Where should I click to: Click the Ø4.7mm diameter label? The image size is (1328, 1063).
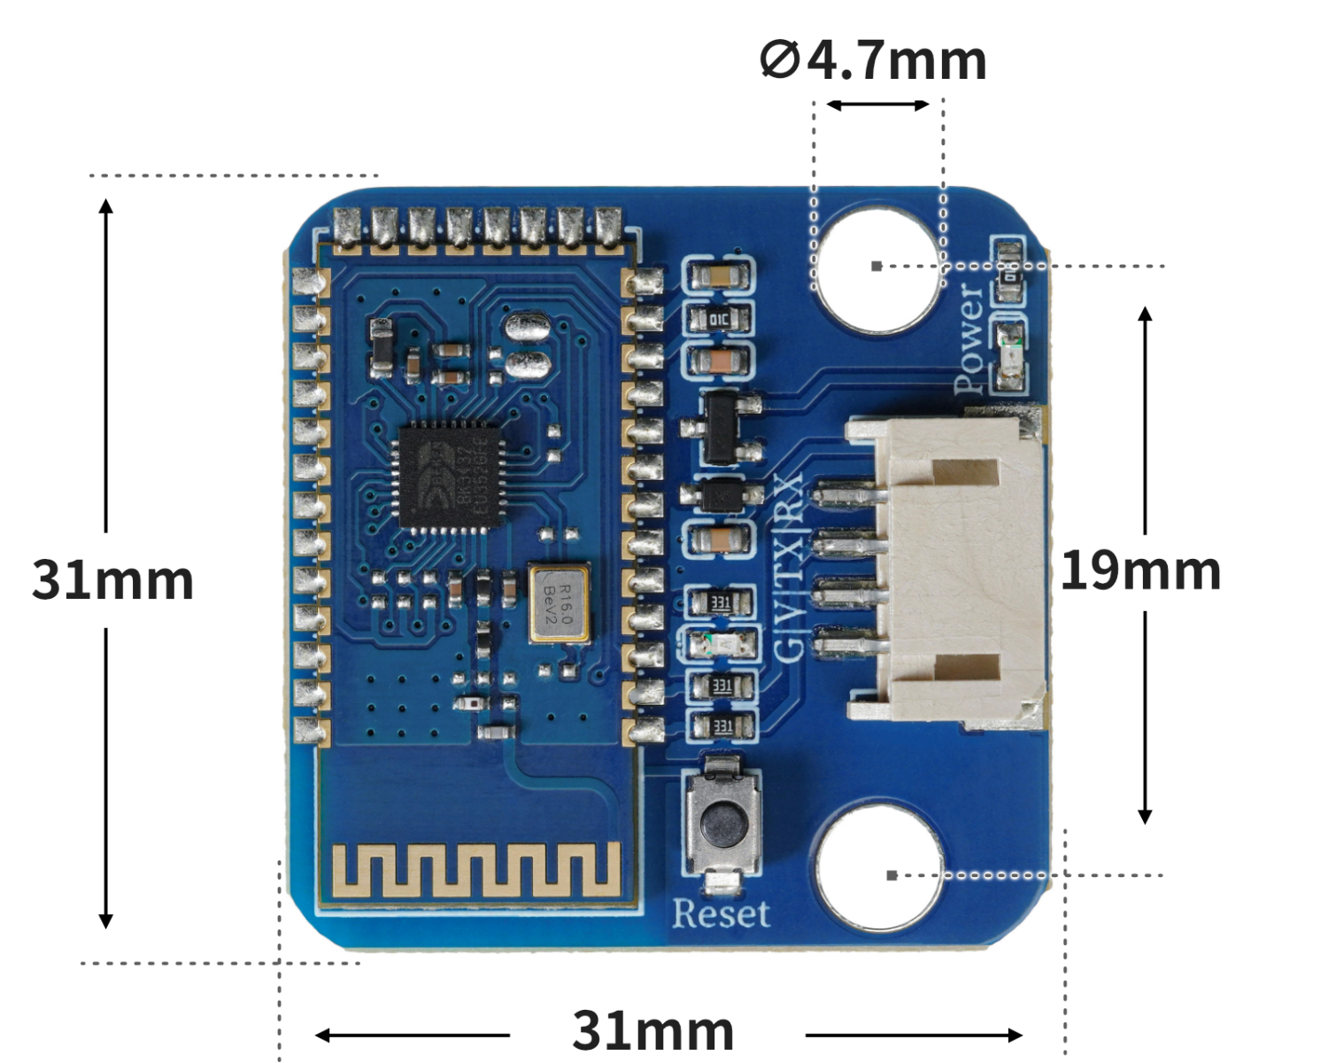point(873,60)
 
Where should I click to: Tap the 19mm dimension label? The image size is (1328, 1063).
point(1140,570)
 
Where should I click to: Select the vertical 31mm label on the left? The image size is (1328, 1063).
point(112,580)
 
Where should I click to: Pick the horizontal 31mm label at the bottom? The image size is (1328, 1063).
point(653,1030)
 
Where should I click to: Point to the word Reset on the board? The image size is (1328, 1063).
point(721,914)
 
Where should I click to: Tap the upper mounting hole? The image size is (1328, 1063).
point(876,267)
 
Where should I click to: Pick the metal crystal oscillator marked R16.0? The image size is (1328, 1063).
point(559,603)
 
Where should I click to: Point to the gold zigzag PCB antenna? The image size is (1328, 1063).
point(475,868)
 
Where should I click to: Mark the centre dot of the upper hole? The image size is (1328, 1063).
point(876,266)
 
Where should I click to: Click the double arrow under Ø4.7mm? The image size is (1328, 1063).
point(877,105)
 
